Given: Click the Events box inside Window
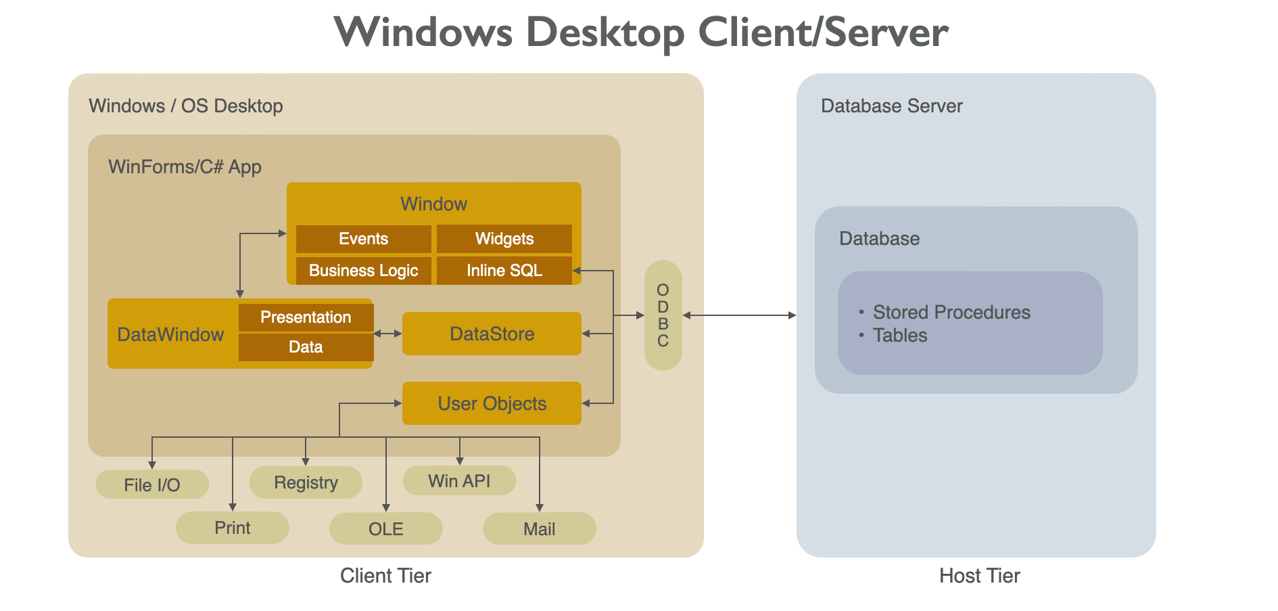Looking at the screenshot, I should [363, 239].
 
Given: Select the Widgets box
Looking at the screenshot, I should [504, 239].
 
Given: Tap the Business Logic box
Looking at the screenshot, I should [363, 271].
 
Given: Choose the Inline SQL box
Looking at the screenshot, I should [504, 271].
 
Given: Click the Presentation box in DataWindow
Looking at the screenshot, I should [306, 317].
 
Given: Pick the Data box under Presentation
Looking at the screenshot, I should [306, 347].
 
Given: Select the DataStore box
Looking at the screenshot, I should [492, 334].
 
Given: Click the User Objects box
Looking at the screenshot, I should [492, 403].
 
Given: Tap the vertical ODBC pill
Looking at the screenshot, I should [663, 315].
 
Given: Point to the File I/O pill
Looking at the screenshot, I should [152, 484].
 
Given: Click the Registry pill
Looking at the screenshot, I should [306, 482].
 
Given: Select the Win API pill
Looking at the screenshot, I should [459, 481].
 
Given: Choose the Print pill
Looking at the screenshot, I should [232, 528].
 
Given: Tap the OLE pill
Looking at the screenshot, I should [385, 528].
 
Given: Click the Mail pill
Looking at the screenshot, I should [539, 528].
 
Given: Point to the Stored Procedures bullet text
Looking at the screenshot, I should [951, 312].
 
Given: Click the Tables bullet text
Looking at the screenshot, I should [899, 336].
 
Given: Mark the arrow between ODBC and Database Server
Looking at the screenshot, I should [739, 315].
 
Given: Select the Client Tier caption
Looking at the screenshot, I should [385, 576].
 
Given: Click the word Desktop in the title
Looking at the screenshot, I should [605, 32].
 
